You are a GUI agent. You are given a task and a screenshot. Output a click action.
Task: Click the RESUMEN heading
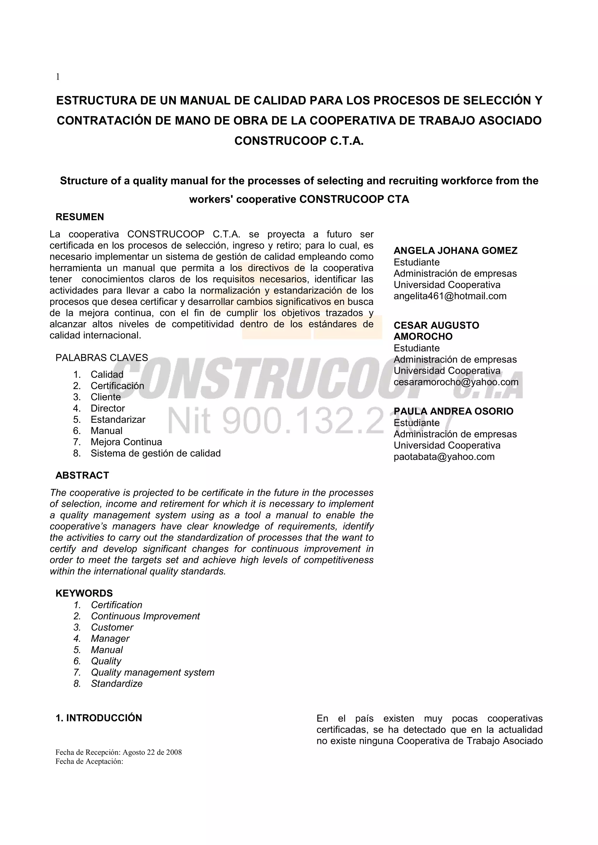[79, 217]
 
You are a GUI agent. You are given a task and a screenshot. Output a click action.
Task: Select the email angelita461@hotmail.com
[450, 296]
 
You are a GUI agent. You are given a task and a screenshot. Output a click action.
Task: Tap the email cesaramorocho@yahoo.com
[456, 382]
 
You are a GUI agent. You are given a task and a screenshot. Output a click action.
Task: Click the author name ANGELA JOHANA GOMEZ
[456, 251]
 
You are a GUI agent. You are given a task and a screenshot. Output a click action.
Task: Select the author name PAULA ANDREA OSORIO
[453, 411]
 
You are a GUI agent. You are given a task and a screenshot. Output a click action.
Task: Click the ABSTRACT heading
[82, 476]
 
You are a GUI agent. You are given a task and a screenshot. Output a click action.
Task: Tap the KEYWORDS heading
[84, 593]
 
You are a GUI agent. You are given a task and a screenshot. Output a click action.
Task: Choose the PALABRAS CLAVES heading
[102, 358]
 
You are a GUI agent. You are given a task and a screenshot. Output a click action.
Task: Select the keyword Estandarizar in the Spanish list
[118, 420]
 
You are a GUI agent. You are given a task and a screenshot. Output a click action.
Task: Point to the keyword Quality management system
[152, 672]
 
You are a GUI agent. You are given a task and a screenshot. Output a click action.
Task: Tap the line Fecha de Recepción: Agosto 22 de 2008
[119, 752]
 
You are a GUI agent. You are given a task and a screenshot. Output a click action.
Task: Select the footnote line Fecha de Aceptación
[89, 762]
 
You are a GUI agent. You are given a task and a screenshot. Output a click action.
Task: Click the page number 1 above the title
[58, 77]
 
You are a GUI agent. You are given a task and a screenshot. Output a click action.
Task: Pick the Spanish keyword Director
[107, 408]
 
